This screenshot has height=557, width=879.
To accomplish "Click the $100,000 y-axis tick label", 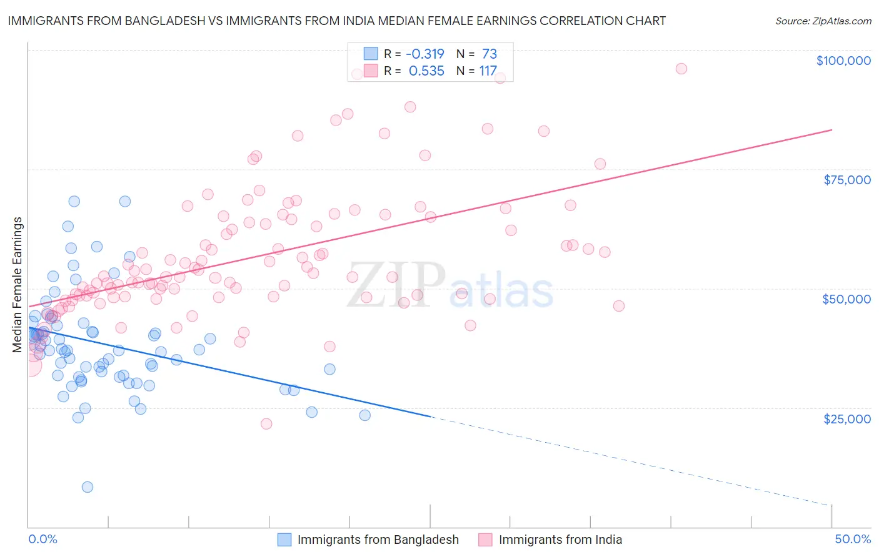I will pos(843,61).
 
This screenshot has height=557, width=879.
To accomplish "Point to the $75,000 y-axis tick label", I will pos(846,180).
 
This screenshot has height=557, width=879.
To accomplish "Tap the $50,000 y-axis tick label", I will pos(846,299).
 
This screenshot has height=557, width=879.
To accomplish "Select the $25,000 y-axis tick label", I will pos(846,418).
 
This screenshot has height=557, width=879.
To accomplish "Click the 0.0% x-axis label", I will pos(43,539).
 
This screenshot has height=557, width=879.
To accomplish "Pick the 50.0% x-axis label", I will pos(852,539).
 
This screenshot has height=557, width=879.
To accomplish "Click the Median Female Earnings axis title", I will pos(18,285).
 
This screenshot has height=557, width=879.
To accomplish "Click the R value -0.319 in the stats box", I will pos(426,54).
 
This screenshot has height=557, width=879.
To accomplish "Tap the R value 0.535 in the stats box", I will pos(426,71).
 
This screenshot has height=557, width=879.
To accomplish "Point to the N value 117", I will pos(488,71).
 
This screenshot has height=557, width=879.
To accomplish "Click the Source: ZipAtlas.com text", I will pos(823,21).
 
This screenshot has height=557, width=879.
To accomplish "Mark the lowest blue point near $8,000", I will pos(88,487).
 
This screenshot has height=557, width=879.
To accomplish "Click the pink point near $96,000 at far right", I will pos(681,69).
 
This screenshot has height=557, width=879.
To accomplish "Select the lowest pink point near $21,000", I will pos(266,424).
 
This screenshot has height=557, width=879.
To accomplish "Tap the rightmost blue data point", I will pos(365,415).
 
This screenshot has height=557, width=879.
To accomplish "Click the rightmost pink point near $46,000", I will pos(619,306).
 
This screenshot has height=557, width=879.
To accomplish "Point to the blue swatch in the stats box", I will pos(371,54).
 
